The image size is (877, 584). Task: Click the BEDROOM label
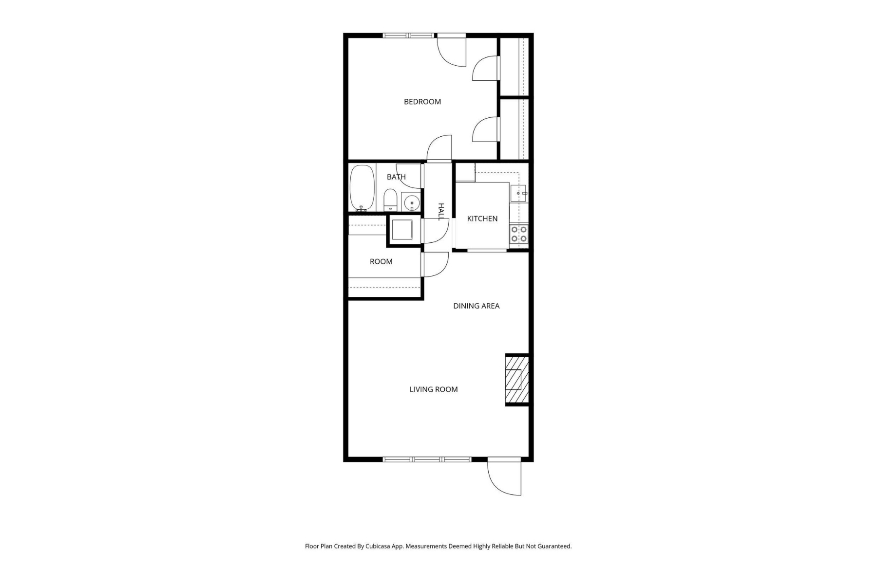pyautogui.click(x=422, y=102)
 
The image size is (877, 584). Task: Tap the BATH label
pyautogui.click(x=396, y=177)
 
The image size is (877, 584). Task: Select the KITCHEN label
pyautogui.click(x=482, y=219)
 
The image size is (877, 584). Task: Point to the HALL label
pyautogui.click(x=441, y=212)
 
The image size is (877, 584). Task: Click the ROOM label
pyautogui.click(x=381, y=262)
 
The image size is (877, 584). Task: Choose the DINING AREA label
pyautogui.click(x=476, y=306)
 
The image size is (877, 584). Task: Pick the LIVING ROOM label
pyautogui.click(x=433, y=389)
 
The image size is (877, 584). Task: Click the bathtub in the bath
pyautogui.click(x=362, y=188)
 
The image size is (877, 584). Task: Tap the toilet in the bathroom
pyautogui.click(x=390, y=200)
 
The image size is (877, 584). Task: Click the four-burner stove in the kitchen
pyautogui.click(x=519, y=234)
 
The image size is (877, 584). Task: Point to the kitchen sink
pyautogui.click(x=518, y=193)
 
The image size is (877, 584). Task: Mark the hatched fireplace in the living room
pyautogui.click(x=516, y=380)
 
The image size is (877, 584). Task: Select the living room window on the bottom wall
pyautogui.click(x=427, y=459)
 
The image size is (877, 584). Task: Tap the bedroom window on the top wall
pyautogui.click(x=408, y=35)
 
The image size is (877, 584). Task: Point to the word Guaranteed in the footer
pyautogui.click(x=553, y=547)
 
